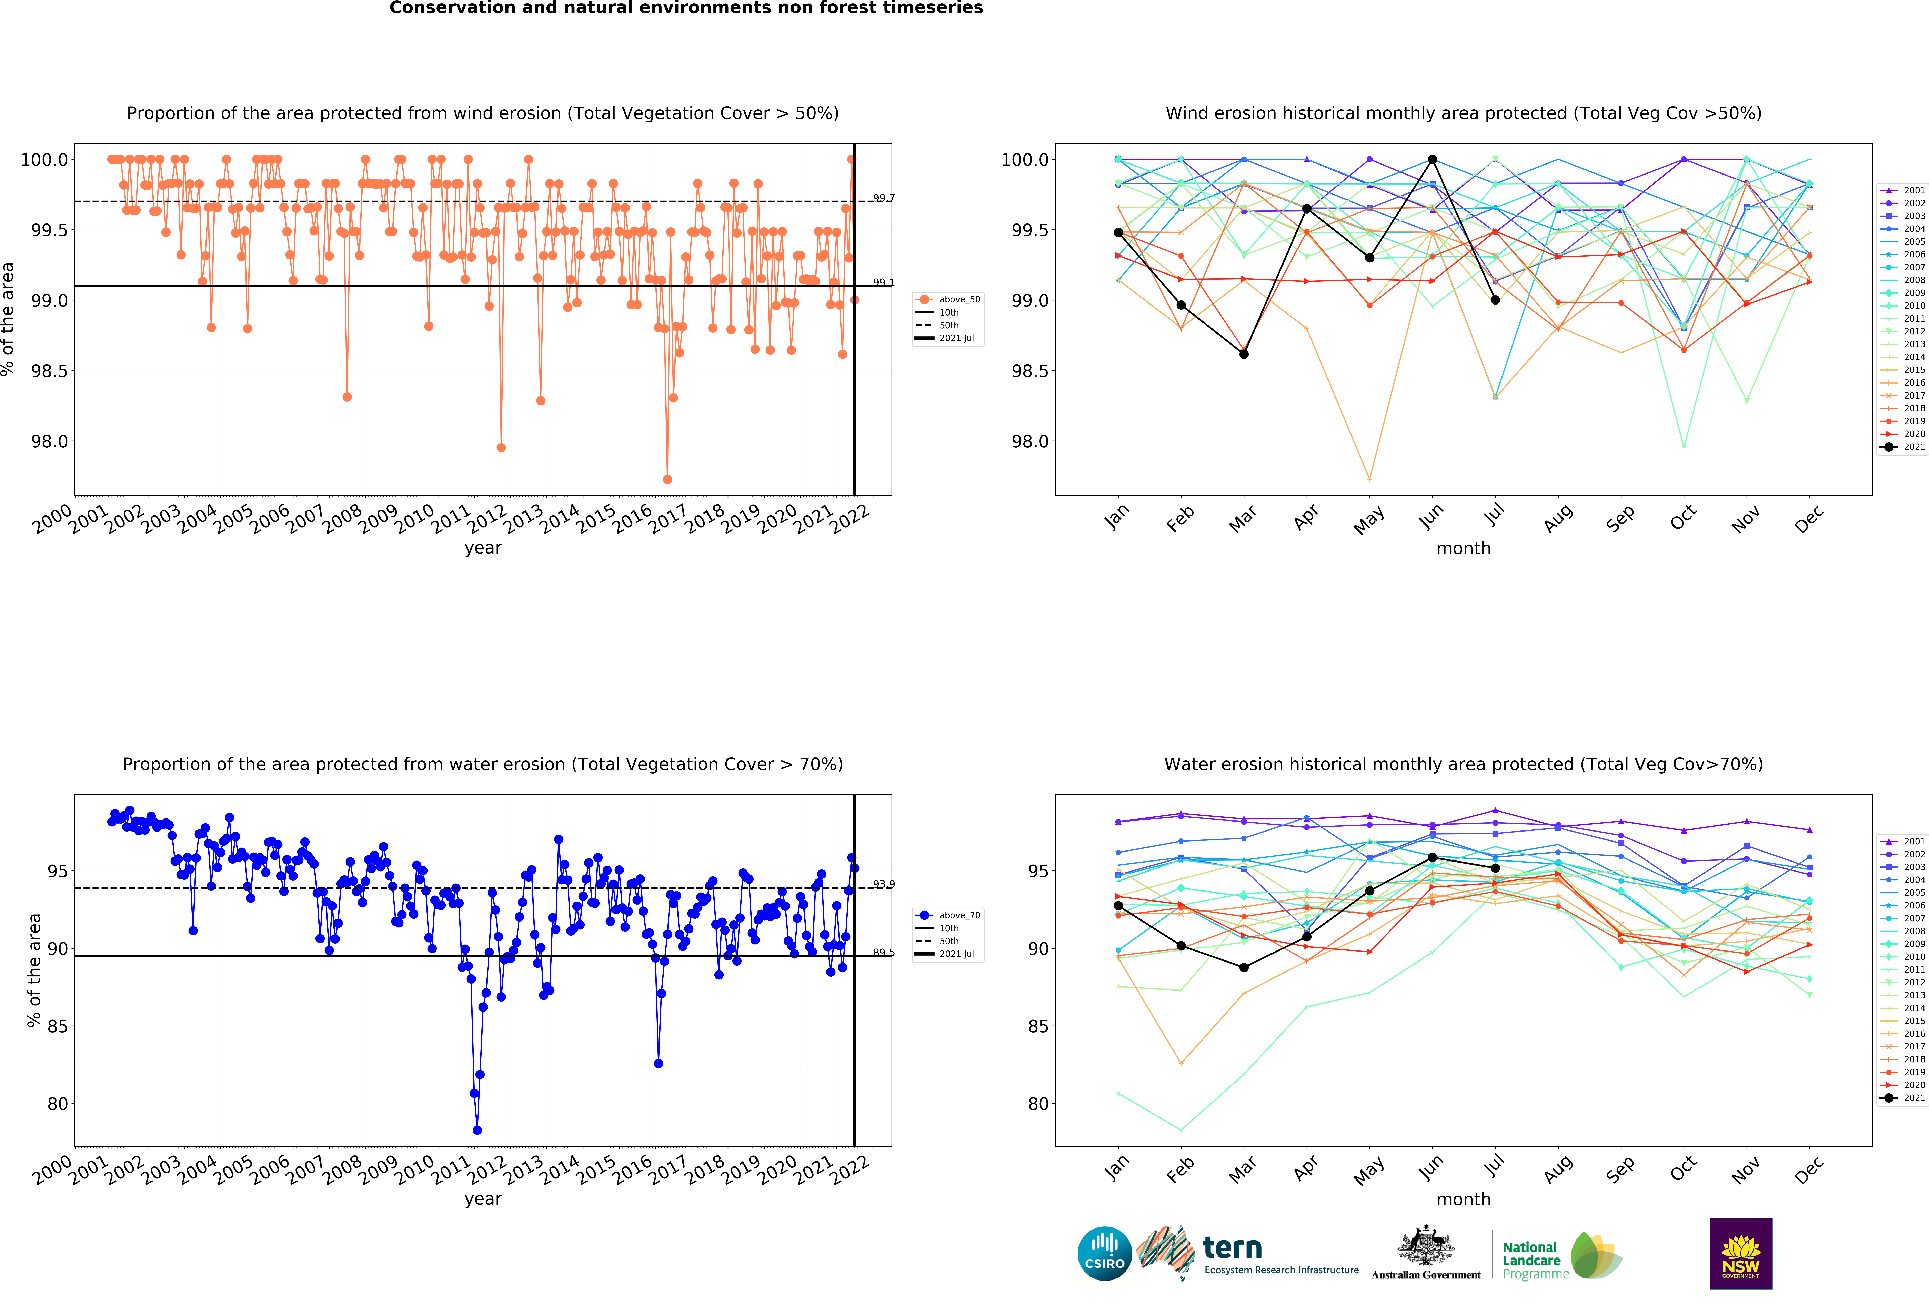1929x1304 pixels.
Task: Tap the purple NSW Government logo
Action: coord(1741,1253)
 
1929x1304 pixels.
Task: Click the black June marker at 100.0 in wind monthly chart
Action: coord(1433,159)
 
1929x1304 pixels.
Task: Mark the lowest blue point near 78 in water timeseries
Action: coord(477,1130)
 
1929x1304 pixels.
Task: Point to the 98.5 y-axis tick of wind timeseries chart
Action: coord(50,371)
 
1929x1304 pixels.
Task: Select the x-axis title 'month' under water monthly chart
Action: coord(1463,1200)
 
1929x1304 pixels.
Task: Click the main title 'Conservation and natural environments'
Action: coord(686,8)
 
